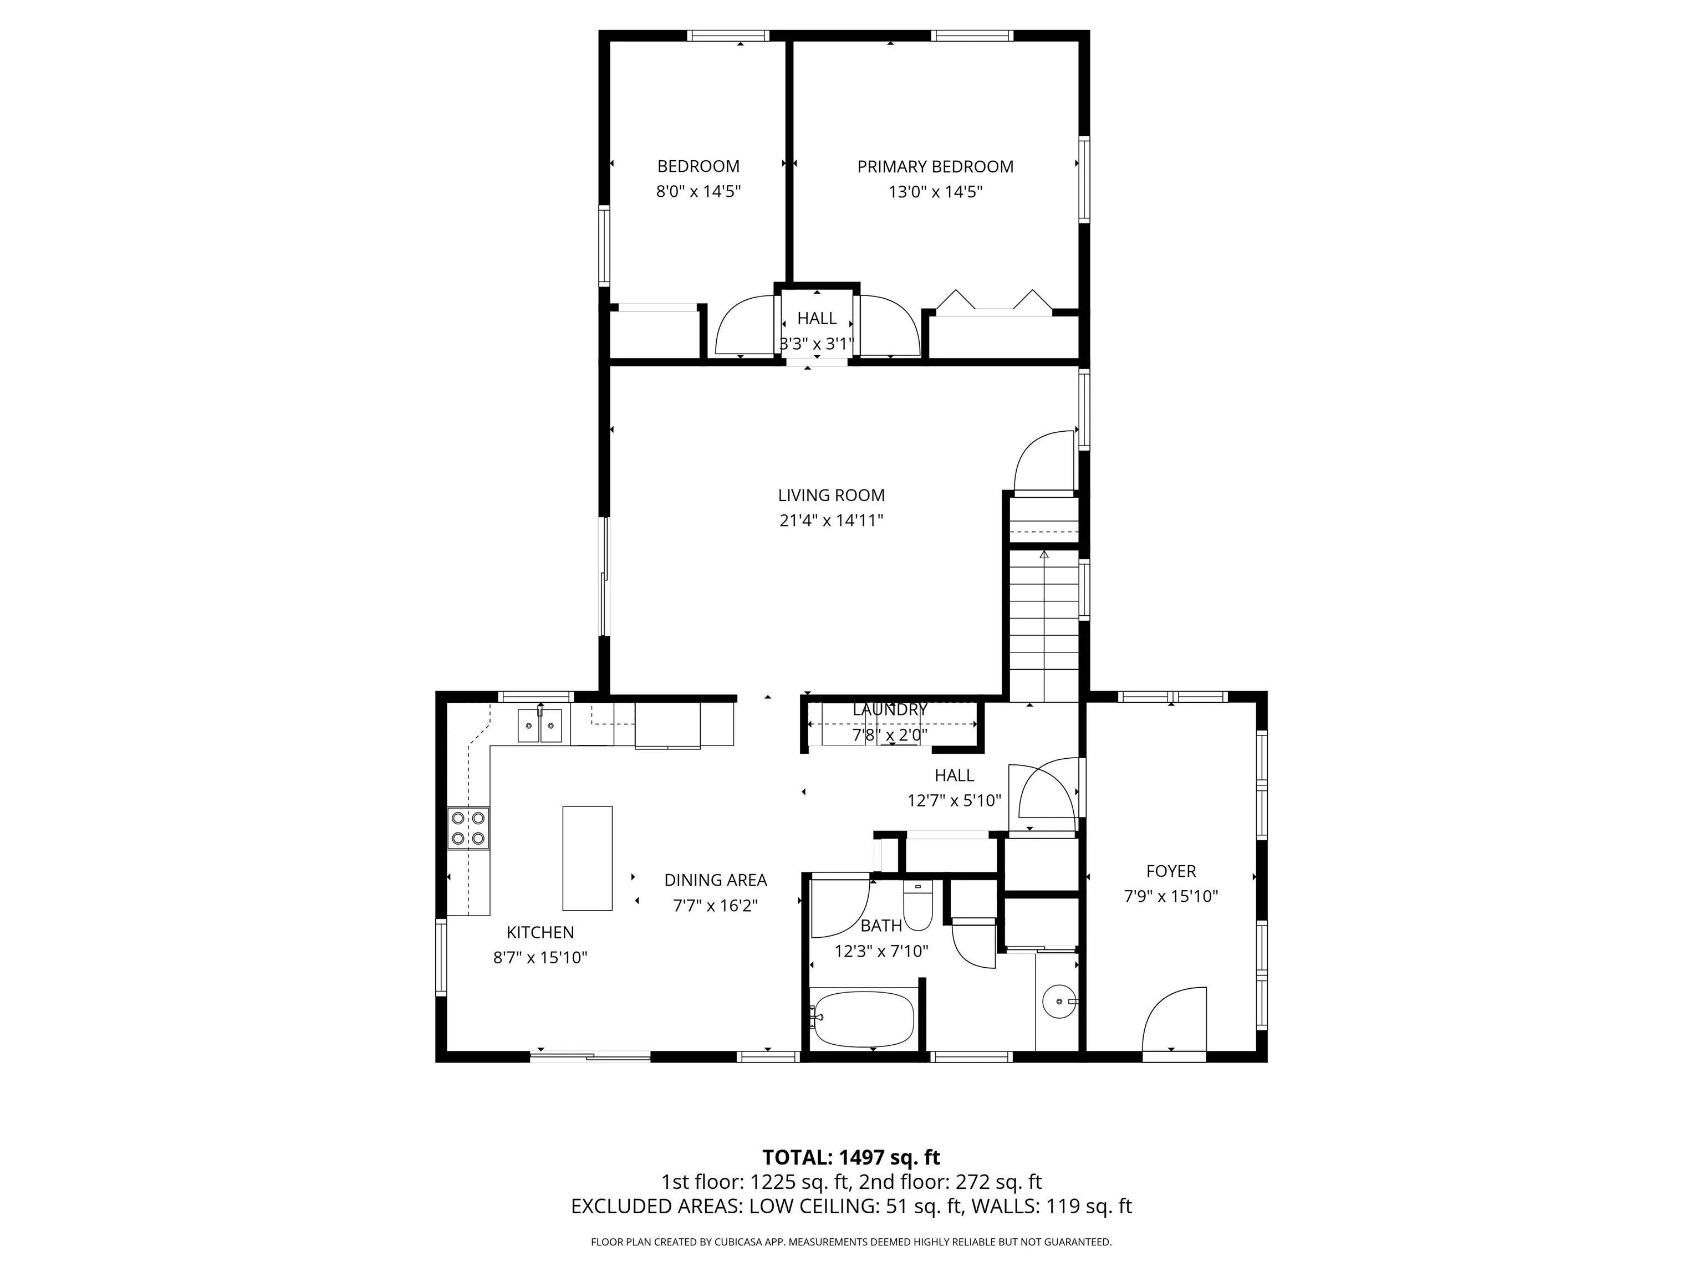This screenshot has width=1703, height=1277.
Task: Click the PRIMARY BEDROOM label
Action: click(935, 166)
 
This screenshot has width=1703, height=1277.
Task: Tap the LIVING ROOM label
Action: click(832, 495)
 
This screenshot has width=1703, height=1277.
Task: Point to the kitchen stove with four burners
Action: click(468, 828)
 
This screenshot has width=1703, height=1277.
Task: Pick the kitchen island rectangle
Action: click(588, 858)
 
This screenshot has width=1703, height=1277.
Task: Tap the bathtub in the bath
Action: click(863, 1019)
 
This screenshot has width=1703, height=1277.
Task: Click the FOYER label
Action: click(1171, 871)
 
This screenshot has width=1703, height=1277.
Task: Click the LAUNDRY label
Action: click(890, 709)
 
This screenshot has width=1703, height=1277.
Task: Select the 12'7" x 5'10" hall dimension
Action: click(954, 800)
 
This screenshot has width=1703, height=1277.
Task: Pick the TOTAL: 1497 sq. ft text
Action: click(851, 1178)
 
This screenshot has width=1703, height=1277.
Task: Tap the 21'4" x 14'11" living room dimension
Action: click(832, 520)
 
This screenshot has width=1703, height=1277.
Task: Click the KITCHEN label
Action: click(541, 932)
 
